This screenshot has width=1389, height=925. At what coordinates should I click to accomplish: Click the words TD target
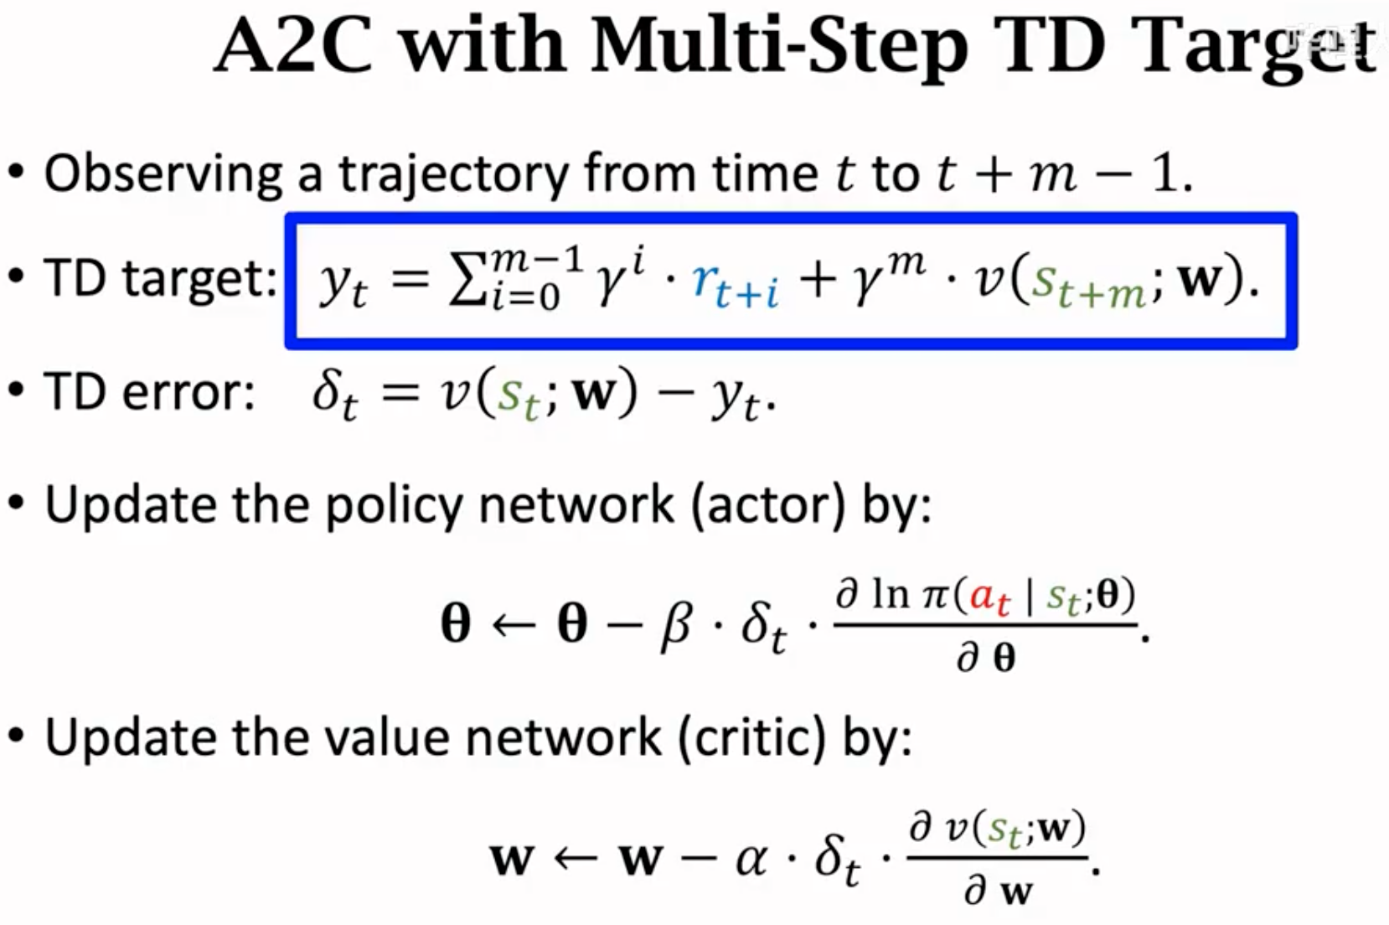[160, 278]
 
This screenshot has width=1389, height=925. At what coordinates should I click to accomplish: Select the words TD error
[149, 392]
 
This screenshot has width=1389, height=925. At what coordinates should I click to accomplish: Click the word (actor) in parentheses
[768, 506]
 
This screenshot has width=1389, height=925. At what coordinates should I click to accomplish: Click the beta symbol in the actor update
[677, 627]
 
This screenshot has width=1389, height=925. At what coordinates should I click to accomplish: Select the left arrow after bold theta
[514, 624]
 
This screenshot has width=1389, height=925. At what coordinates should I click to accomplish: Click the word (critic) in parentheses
[752, 738]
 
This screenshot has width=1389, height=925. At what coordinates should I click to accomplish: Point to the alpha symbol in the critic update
[751, 860]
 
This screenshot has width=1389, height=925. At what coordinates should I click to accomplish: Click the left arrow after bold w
[576, 858]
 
